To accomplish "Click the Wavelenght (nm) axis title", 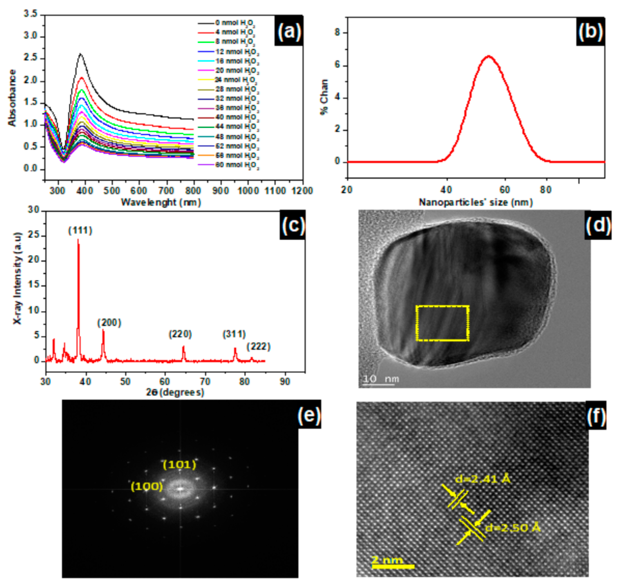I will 161,202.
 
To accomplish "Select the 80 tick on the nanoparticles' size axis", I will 546,190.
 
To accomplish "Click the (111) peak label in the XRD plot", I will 80,231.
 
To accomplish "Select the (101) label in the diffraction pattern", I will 180,465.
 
